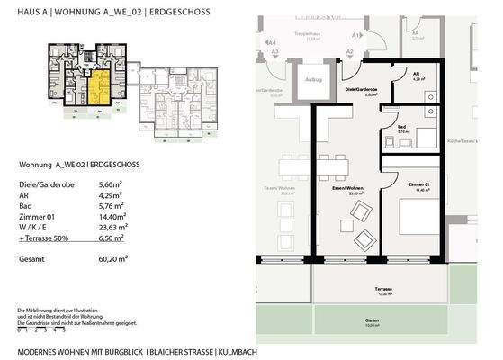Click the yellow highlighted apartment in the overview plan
[x=96, y=90]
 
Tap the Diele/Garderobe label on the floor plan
[x=362, y=91]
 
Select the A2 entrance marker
[x=350, y=52]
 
